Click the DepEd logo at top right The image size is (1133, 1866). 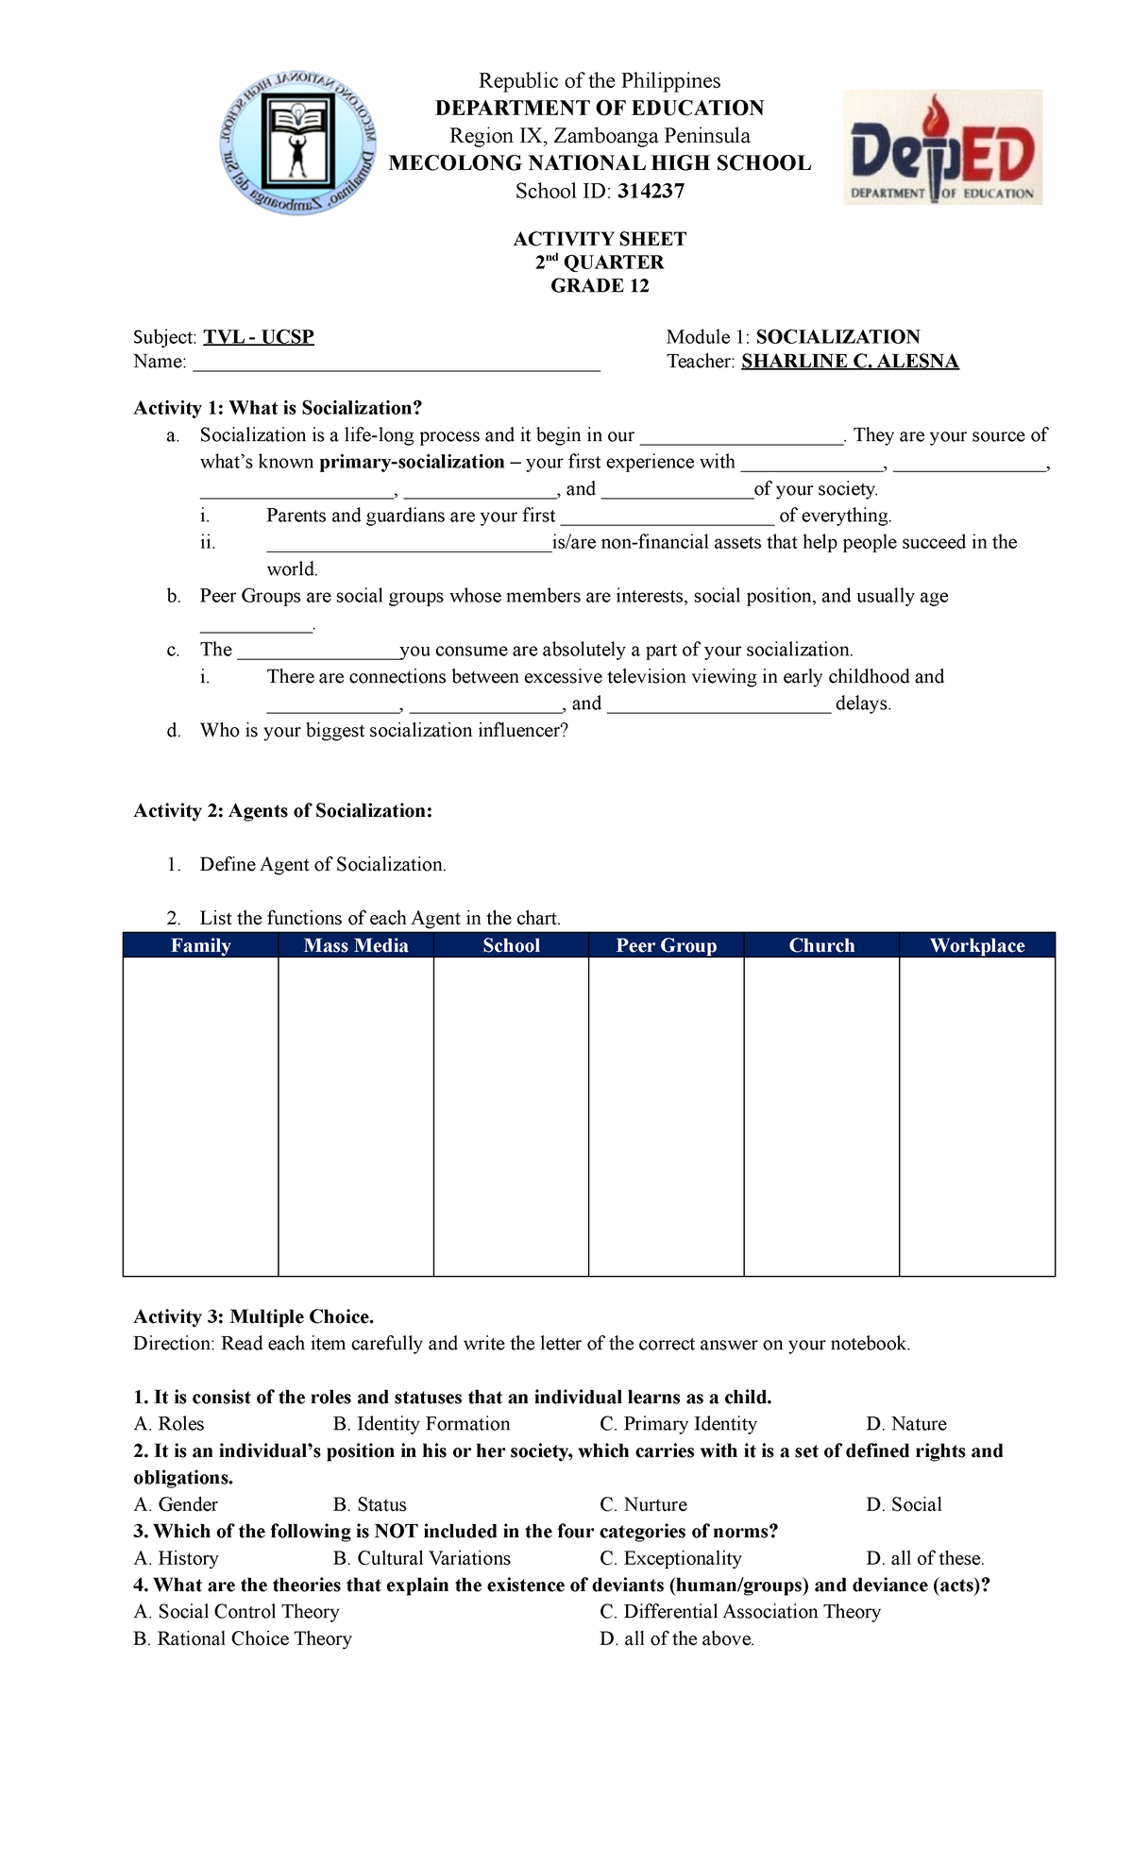[942, 147]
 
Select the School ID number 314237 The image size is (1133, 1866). [651, 192]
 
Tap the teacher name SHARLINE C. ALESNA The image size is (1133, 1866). [850, 362]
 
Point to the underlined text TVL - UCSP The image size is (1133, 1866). [259, 337]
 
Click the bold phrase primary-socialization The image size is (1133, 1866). [412, 462]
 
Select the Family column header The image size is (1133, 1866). [200, 945]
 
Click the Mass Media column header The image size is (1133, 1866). [356, 945]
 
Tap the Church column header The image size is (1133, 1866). [821, 945]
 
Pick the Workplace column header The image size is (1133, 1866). [977, 945]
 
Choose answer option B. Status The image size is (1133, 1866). [369, 1504]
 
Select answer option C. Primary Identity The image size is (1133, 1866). [678, 1424]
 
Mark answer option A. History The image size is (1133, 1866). [176, 1558]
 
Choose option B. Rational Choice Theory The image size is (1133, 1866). [243, 1638]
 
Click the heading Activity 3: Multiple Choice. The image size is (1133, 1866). [254, 1317]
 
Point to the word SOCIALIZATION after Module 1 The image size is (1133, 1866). [837, 337]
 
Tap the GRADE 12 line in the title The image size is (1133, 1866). [600, 286]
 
